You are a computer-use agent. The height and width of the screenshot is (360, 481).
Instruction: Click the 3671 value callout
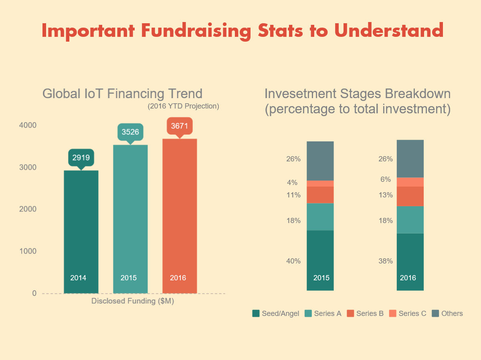180,126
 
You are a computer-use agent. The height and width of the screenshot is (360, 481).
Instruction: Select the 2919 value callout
81,157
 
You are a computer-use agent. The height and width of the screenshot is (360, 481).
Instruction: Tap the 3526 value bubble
130,132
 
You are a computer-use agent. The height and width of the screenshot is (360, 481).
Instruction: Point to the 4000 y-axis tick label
28,125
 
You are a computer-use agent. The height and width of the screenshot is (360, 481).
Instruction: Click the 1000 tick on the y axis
28,251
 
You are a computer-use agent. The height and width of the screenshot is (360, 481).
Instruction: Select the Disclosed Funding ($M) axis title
133,301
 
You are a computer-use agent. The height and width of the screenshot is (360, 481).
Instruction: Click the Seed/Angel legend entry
276,314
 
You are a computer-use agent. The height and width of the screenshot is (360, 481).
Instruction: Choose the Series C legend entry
408,314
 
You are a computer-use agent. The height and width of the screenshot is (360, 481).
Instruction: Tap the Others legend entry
447,314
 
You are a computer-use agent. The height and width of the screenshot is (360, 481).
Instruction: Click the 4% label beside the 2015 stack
292,183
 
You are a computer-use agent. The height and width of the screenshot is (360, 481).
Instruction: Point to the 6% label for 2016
386,179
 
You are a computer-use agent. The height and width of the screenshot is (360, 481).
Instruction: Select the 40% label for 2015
293,261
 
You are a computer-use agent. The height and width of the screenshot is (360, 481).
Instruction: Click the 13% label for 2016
386,195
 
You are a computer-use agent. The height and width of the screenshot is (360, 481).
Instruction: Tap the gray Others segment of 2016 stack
410,159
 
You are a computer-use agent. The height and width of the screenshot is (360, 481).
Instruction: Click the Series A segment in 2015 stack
320,217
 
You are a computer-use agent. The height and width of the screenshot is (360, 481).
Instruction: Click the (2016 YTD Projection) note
183,107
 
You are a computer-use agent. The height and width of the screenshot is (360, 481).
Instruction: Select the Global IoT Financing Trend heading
122,94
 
